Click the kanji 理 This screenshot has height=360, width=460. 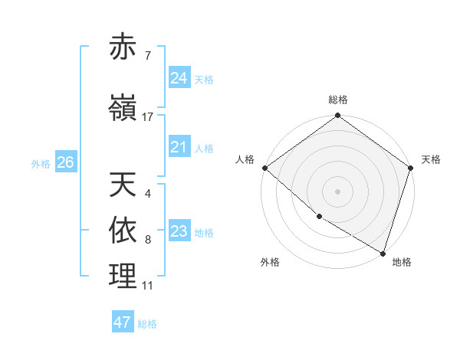click(x=123, y=276)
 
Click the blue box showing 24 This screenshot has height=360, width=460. click(x=179, y=77)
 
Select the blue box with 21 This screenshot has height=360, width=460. click(x=179, y=147)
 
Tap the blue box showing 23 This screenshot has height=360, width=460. click(x=179, y=231)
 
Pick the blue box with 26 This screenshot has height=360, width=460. click(x=65, y=162)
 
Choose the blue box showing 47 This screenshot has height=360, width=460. click(x=123, y=322)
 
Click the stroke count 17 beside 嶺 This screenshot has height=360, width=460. click(x=147, y=116)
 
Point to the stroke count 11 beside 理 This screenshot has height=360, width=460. click(x=147, y=286)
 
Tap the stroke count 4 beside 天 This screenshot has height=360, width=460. click(x=147, y=194)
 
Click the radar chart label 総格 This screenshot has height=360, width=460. click(x=338, y=100)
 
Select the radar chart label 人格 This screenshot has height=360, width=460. click(x=245, y=159)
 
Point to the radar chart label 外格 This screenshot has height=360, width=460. click(x=270, y=262)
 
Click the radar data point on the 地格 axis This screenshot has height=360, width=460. click(x=383, y=253)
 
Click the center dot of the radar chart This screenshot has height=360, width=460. click(x=338, y=191)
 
